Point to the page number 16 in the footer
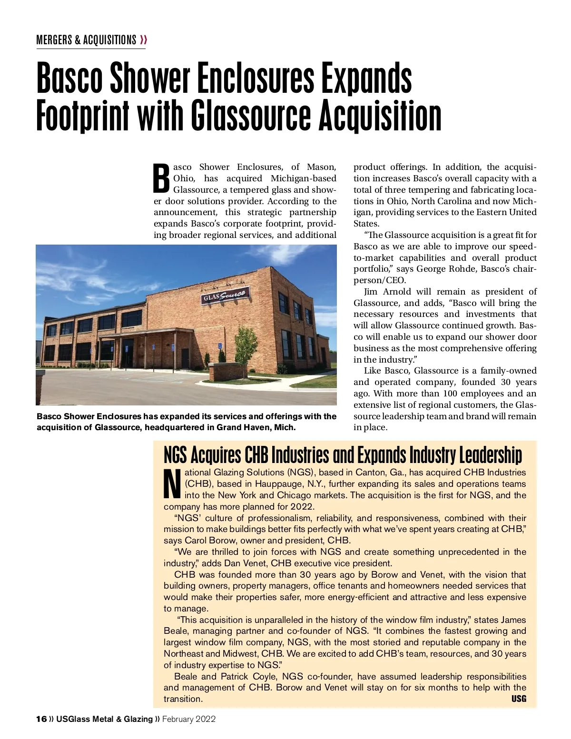click(x=41, y=719)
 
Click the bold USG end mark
click(x=519, y=699)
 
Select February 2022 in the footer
click(x=189, y=719)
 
